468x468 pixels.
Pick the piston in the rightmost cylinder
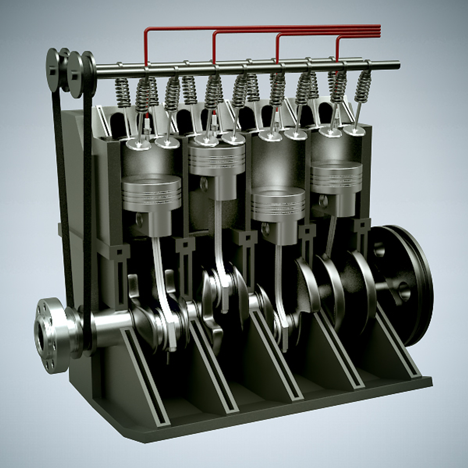(336, 178)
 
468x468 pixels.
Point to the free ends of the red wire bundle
(380, 30)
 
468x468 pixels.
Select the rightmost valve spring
(363, 87)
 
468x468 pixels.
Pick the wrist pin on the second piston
(204, 184)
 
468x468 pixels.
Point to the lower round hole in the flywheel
(404, 292)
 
